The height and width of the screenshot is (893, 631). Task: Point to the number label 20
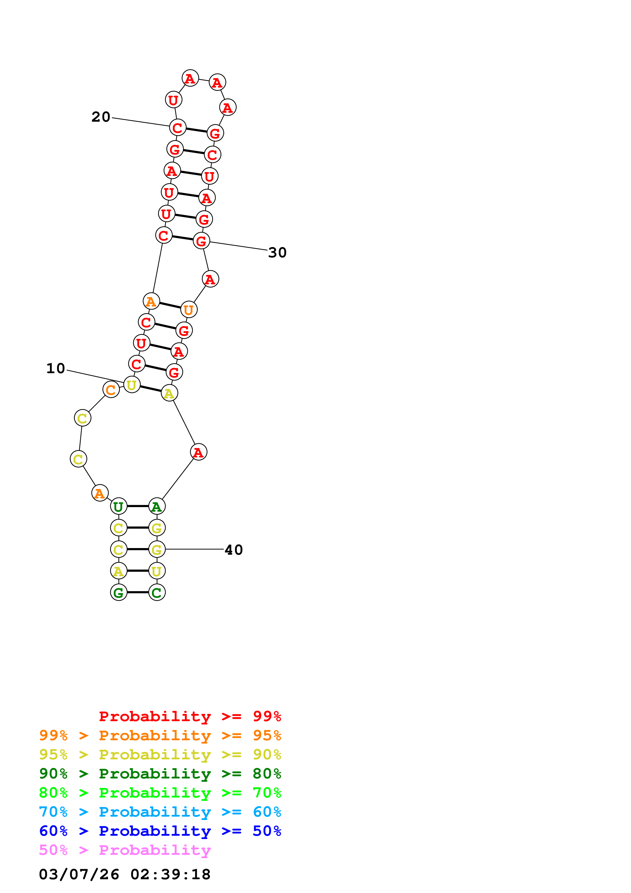(101, 117)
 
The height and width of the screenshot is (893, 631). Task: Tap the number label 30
(277, 253)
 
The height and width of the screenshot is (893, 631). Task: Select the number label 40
(234, 550)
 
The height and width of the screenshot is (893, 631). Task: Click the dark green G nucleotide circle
(119, 592)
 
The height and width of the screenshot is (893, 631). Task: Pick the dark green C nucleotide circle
(157, 592)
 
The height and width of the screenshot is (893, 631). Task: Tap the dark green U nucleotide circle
(119, 506)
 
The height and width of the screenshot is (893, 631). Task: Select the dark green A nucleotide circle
(157, 506)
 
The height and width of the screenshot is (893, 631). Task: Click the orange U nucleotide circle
(189, 310)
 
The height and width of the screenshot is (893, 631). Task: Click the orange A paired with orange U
(151, 301)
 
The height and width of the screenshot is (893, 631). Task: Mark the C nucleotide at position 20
(178, 127)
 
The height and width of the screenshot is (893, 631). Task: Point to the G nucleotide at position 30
(201, 241)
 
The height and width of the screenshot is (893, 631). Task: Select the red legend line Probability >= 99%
(190, 716)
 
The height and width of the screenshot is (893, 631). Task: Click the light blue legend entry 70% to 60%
(160, 812)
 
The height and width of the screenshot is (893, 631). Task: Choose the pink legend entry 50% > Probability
(125, 850)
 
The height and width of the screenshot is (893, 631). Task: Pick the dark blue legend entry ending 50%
(160, 831)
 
